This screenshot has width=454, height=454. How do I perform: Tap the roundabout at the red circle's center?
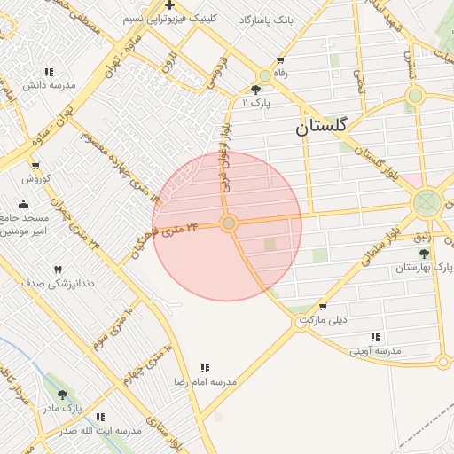click(229, 224)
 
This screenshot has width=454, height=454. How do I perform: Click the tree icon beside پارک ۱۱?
click(256, 90)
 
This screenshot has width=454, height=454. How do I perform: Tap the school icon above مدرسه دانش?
click(48, 72)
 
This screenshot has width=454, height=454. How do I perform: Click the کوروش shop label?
click(35, 179)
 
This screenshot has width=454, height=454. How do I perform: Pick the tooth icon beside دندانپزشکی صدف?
click(59, 269)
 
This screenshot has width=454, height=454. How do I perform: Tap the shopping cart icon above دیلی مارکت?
click(322, 306)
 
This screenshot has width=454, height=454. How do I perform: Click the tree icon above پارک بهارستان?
click(423, 253)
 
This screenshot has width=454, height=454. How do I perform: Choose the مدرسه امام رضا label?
click(205, 381)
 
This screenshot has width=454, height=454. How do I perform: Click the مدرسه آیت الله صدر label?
click(100, 431)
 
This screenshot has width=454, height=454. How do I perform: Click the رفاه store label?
click(281, 74)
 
